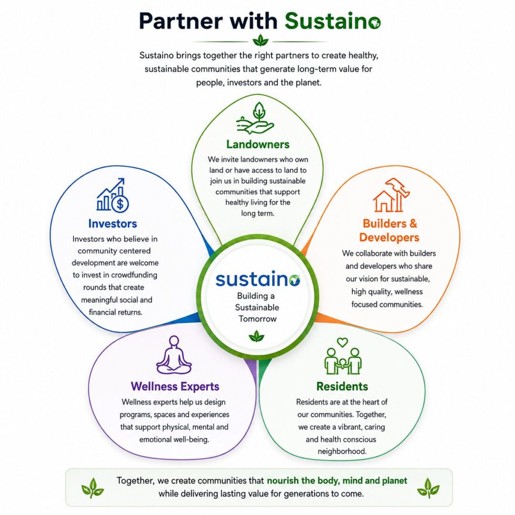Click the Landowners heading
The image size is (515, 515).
258,144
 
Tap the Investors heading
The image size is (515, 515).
113,224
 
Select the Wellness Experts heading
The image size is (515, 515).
175,387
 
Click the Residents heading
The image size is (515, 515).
342,387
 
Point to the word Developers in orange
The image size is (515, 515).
389,237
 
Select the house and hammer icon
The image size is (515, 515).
391,195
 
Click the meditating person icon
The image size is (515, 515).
174,355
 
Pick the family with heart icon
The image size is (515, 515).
343,356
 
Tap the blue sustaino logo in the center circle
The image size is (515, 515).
258,279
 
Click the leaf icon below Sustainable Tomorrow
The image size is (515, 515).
257,337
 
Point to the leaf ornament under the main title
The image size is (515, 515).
261,41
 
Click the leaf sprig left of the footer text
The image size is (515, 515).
93,488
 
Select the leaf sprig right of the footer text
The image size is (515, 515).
428,488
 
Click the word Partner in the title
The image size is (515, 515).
181,21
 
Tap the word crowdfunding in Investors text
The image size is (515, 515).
134,275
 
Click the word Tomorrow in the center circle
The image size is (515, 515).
258,319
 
